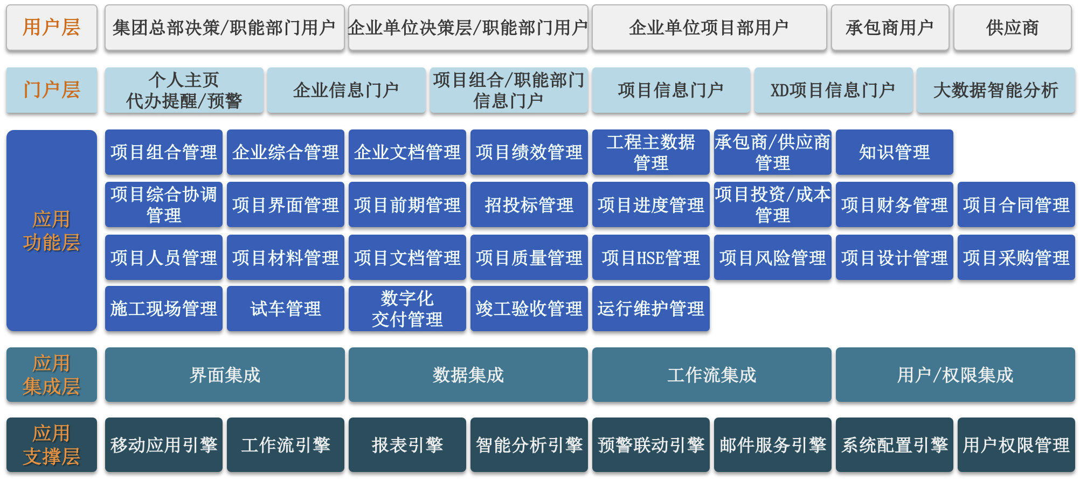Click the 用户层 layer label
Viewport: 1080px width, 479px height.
point(52,28)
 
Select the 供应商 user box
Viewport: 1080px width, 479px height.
point(1013,28)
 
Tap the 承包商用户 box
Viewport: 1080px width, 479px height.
point(890,28)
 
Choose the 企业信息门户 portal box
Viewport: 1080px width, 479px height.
point(346,90)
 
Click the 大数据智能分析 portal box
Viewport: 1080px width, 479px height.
point(996,90)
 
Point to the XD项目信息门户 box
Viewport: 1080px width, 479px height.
point(833,90)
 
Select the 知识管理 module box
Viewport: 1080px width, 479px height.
point(895,152)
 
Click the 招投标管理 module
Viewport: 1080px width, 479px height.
point(529,204)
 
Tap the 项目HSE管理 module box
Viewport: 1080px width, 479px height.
point(651,257)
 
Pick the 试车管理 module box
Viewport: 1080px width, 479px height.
point(286,309)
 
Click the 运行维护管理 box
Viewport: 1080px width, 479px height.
point(651,309)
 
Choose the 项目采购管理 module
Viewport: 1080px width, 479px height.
point(1016,257)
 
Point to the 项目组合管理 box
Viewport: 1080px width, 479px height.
point(164,152)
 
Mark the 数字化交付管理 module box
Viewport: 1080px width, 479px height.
point(407,309)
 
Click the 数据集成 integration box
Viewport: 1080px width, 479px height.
point(468,375)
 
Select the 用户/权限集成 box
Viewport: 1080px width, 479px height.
point(956,375)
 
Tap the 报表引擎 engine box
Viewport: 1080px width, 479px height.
point(407,445)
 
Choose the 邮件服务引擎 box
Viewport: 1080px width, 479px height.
point(773,445)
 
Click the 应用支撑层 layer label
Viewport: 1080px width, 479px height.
point(52,445)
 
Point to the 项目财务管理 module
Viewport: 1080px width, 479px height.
point(895,204)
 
